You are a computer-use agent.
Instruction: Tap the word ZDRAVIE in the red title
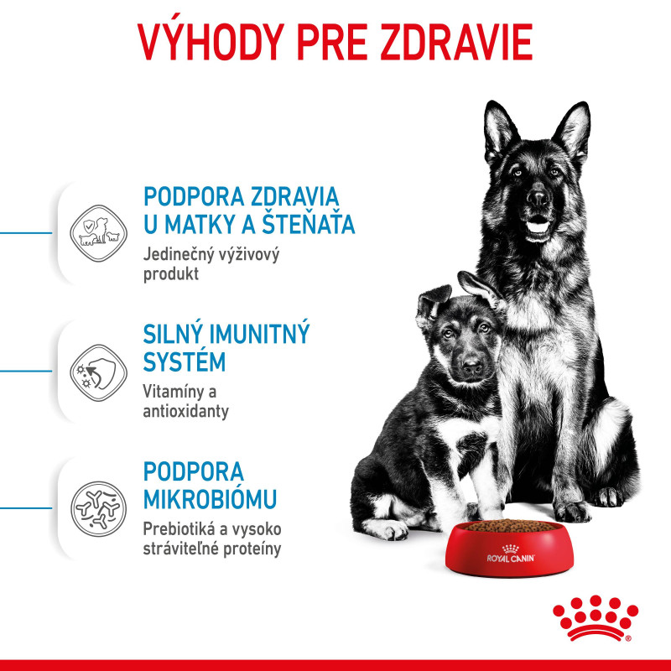[x=456, y=41]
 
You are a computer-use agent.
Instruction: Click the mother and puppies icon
[x=98, y=233]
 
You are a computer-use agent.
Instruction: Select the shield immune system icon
[x=98, y=372]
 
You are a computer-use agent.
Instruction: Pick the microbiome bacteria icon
[x=98, y=509]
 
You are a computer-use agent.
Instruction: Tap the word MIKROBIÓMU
[x=211, y=498]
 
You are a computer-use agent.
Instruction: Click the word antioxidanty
[x=185, y=411]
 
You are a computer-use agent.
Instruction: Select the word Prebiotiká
[x=179, y=529]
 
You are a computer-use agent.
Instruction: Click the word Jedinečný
[x=179, y=255]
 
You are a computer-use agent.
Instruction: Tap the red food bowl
[x=509, y=549]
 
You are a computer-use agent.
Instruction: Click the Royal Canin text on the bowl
[x=511, y=558]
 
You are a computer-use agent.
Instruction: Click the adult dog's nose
[x=538, y=198]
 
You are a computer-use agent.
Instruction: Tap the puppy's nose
[x=472, y=366]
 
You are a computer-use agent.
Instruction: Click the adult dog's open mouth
[x=538, y=226]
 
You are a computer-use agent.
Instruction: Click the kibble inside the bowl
[x=510, y=526]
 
